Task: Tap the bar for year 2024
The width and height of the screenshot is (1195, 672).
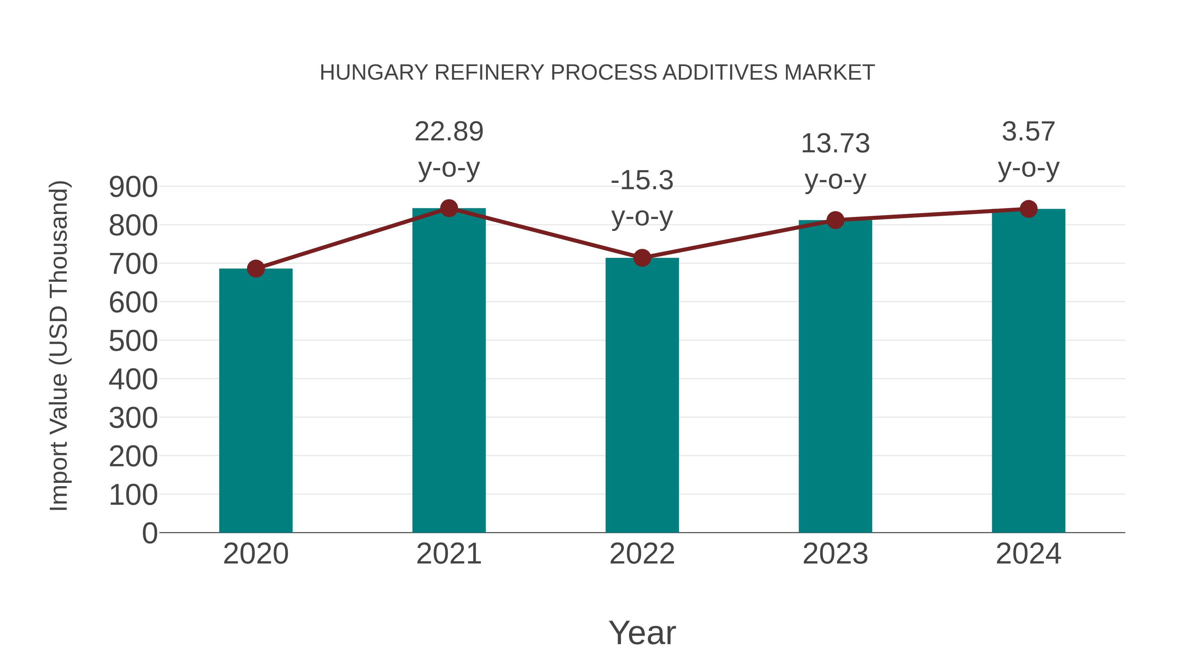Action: pos(1028,371)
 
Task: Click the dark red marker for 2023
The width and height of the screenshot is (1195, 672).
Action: pos(835,220)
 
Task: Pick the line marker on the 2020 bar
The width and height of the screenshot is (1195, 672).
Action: pos(256,268)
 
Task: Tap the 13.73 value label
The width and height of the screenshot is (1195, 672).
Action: pos(835,143)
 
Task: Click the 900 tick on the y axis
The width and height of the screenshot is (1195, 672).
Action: pos(133,187)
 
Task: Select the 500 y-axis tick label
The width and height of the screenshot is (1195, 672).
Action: pos(133,341)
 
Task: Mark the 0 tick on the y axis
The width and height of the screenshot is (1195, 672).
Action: pos(149,533)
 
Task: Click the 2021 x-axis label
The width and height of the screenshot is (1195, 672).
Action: pos(448,554)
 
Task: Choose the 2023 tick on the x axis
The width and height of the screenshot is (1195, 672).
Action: pos(835,554)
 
